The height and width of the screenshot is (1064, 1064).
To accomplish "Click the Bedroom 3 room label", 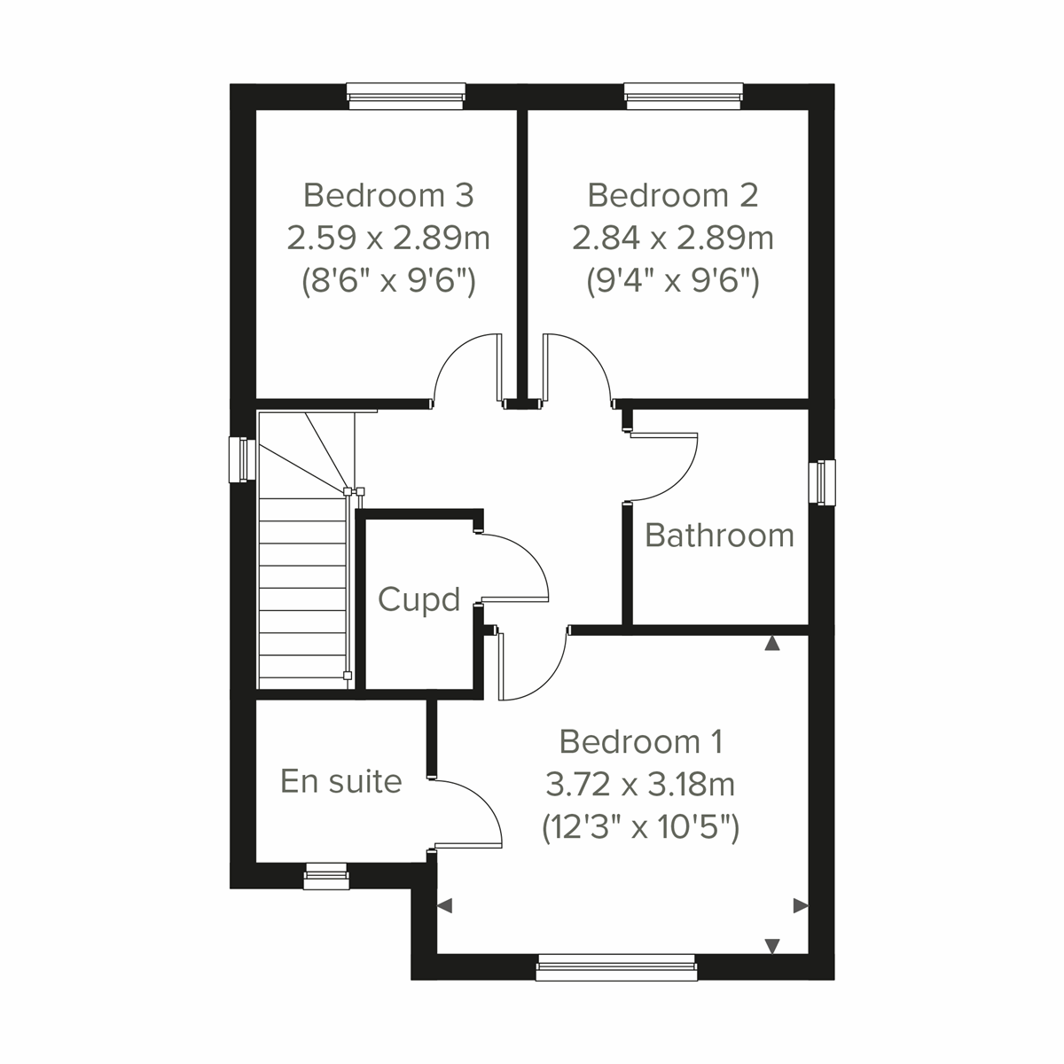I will point(388,194).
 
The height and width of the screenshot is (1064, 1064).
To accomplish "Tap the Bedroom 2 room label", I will point(673,194).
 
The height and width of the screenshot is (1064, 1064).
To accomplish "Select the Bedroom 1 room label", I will point(641,740).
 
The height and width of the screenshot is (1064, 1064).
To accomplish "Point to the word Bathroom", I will point(719,535).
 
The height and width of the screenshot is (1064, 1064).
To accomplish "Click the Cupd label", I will point(419,600).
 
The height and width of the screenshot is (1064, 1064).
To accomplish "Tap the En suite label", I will point(341,781).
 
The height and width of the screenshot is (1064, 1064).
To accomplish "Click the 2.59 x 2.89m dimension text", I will point(388,238).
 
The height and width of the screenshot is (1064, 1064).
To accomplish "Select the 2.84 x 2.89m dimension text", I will point(673,238).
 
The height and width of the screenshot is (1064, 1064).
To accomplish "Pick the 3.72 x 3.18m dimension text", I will point(641,784).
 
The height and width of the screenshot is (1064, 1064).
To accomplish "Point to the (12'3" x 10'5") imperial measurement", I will point(641,827).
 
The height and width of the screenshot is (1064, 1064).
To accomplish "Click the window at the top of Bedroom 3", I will point(405,96).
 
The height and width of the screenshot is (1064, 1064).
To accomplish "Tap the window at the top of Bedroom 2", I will point(684,96).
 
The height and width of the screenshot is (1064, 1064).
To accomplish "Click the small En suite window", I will point(325,877).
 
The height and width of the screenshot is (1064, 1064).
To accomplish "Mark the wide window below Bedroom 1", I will point(616,967).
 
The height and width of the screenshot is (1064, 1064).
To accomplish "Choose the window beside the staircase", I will point(238,460).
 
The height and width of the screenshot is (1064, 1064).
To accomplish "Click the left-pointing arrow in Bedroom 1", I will point(445,906).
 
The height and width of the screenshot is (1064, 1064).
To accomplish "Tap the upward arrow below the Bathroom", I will point(772,644).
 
